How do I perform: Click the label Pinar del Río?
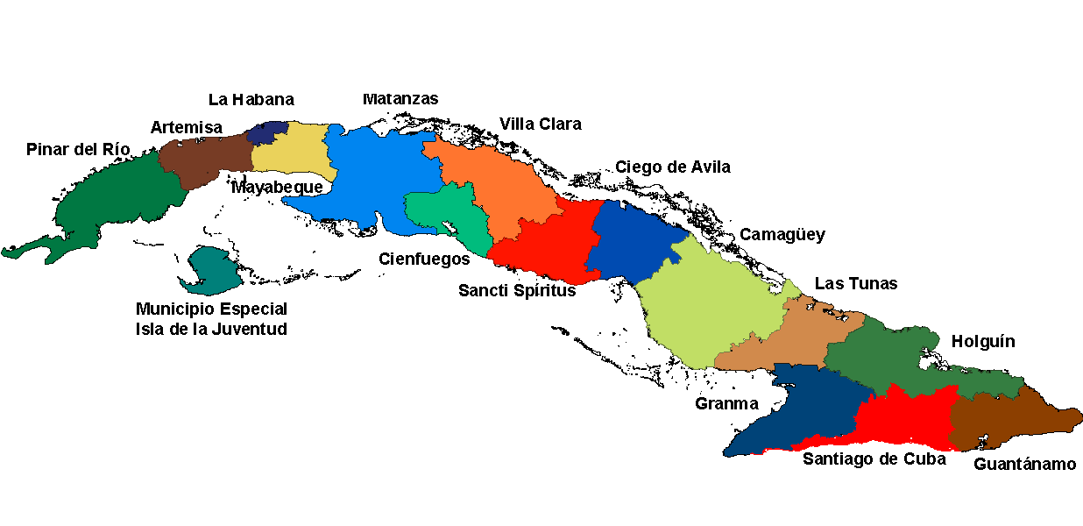[78, 149]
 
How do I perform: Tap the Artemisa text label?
[186, 127]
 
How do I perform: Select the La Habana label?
[251, 100]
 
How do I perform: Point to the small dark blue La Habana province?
[266, 133]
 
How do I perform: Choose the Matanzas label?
[400, 99]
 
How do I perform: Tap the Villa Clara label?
[540, 124]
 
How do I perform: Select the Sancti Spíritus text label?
[517, 290]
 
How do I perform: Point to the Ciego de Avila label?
[672, 167]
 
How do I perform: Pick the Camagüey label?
[782, 235]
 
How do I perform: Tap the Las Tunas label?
[855, 283]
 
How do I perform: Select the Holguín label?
[982, 341]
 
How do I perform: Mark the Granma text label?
[726, 403]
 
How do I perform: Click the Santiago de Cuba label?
[874, 458]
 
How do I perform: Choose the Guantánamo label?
[1024, 464]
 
